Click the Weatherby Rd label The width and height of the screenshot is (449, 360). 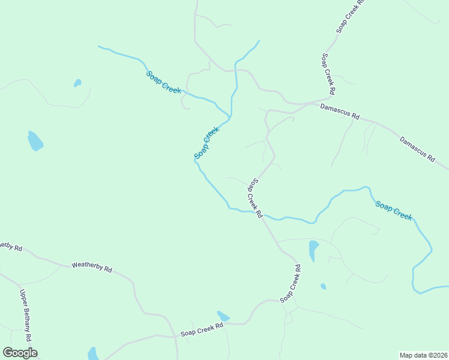coord(92,266)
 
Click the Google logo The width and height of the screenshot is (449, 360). coord(20,353)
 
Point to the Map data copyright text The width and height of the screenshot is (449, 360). coord(423,355)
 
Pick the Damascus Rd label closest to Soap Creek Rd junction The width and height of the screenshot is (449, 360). coord(339,111)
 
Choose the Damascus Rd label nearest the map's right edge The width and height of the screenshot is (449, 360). coord(417,149)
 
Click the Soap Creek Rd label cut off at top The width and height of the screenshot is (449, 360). coord(351,16)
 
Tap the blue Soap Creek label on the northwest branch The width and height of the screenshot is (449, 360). coord(163,82)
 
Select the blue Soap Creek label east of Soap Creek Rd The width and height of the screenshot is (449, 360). coord(394,211)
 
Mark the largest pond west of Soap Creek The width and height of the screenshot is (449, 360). coord(35,141)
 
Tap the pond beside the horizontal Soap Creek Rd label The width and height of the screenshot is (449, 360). coord(223,316)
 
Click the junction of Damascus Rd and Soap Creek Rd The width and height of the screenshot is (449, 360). coord(332,98)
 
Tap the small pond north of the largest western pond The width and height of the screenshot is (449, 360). coord(77,83)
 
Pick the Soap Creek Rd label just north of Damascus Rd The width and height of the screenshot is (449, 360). coord(328,74)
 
